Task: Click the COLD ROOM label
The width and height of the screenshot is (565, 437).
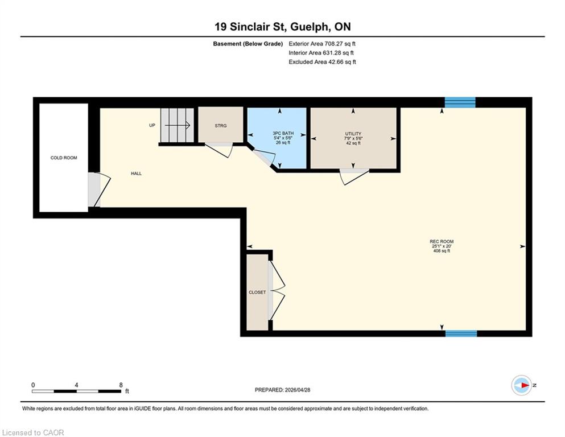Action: (x=64, y=158)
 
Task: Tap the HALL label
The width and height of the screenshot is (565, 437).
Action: (x=136, y=174)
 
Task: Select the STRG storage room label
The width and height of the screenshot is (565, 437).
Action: (x=221, y=126)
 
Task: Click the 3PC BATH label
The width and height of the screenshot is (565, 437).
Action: (x=283, y=133)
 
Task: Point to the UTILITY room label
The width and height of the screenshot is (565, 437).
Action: (x=353, y=134)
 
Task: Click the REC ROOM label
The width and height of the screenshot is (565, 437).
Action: (x=442, y=241)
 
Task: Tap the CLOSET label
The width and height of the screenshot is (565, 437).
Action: (x=257, y=292)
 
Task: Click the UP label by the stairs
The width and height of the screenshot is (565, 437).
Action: (x=152, y=125)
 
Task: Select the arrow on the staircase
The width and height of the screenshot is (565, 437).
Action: (x=178, y=125)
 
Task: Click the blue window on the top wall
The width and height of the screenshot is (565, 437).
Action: (x=460, y=102)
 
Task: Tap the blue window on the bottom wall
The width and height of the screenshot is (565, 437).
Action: (x=461, y=333)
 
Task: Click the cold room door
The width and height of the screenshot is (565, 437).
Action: (x=99, y=189)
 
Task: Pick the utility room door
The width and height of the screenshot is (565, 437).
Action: (x=354, y=176)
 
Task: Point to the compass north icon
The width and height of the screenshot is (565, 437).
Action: (x=521, y=385)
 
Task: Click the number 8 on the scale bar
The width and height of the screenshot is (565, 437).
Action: (x=121, y=385)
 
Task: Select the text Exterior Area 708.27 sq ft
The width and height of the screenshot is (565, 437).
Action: (x=322, y=44)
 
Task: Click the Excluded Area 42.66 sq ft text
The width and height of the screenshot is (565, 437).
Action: (x=323, y=61)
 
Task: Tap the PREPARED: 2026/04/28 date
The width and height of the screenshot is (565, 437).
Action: (x=282, y=390)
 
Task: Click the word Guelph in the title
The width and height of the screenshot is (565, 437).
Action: (x=309, y=27)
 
